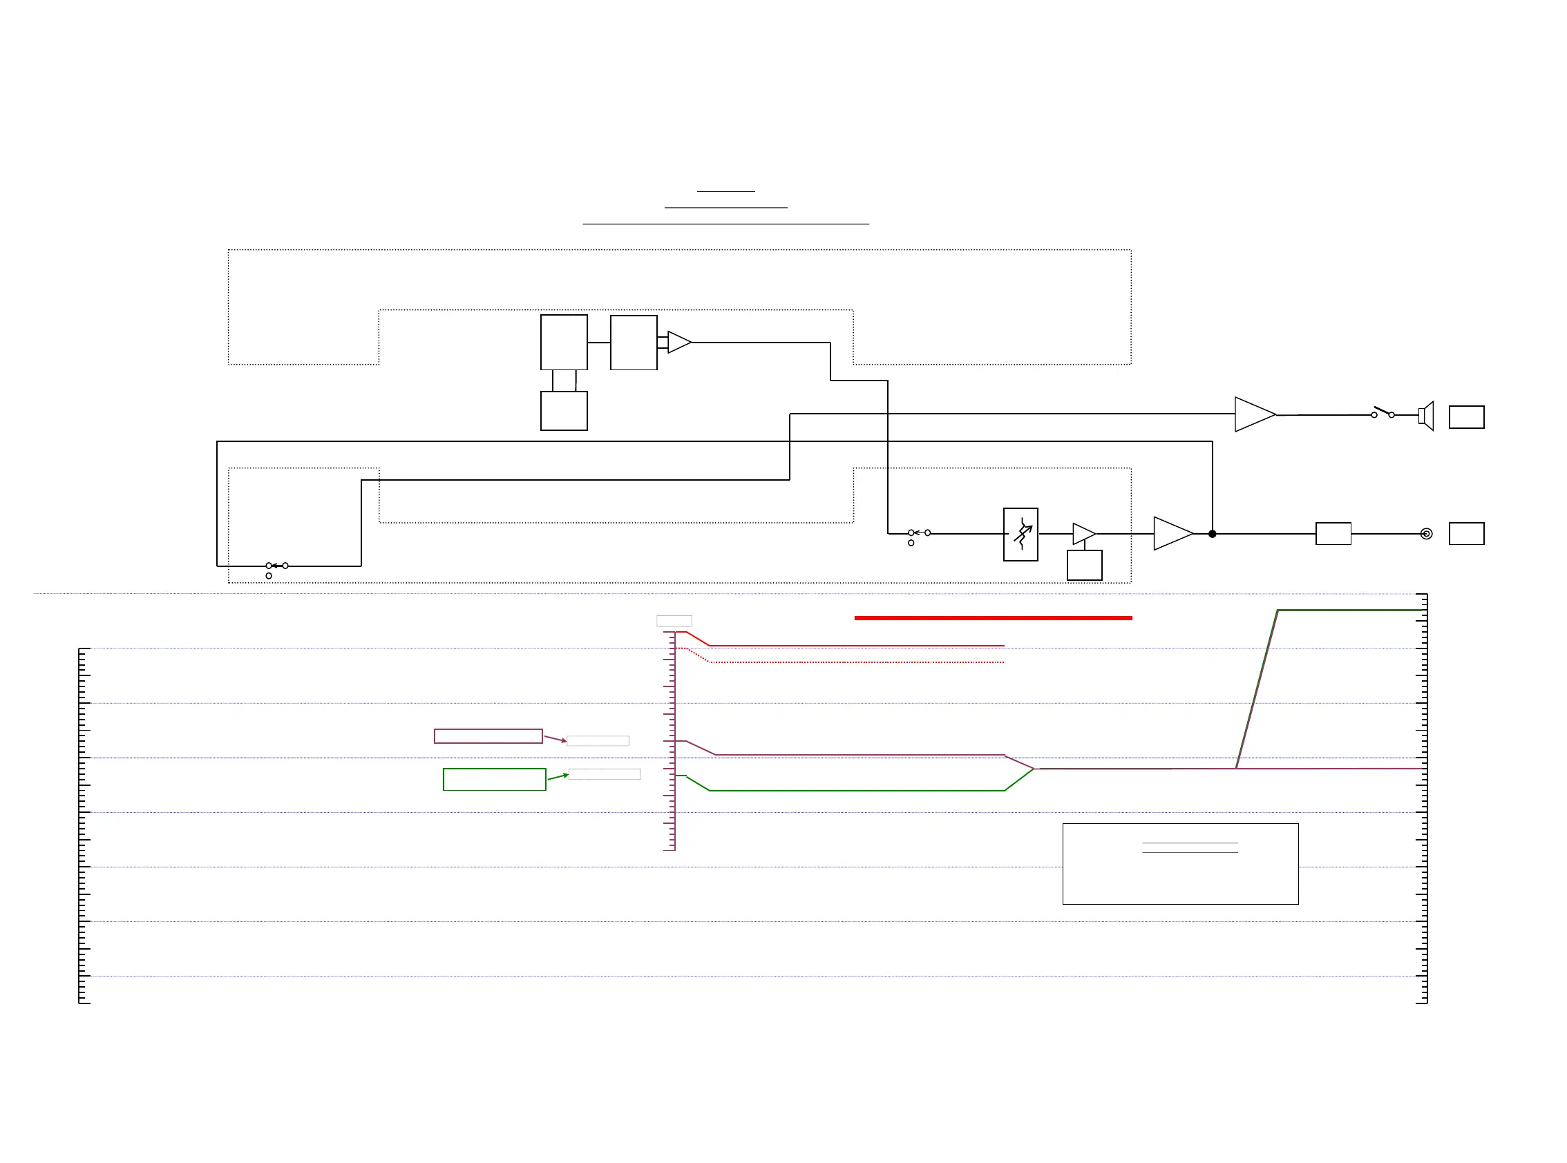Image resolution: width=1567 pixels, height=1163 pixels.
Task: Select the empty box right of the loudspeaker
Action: coord(1466,417)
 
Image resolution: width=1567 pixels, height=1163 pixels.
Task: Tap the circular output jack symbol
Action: coord(1426,535)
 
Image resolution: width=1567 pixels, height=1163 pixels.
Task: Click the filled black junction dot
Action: coord(1212,535)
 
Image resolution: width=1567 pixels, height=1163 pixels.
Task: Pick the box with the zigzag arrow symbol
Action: coord(1020,535)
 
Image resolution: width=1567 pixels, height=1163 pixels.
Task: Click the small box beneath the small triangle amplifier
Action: coord(1085,566)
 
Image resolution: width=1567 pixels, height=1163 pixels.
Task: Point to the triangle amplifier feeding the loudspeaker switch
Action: coord(1253,414)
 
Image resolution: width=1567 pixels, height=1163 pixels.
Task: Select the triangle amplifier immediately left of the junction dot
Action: coord(1172,534)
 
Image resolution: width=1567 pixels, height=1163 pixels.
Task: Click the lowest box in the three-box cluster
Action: coord(563,411)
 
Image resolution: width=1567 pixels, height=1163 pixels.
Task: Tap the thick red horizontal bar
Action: coord(993,618)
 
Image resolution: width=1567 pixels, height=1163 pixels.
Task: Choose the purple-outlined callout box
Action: coord(488,736)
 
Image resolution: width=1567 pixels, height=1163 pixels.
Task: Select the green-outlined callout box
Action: coord(495,780)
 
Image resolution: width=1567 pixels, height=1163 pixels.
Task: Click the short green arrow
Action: coord(558,776)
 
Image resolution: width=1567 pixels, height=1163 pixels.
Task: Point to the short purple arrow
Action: coord(555,738)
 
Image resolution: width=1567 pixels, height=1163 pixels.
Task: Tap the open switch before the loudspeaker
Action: coord(1383,412)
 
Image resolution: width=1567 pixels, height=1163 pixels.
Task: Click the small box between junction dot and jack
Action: coord(1333,534)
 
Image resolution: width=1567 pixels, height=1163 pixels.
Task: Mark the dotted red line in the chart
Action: coord(855,662)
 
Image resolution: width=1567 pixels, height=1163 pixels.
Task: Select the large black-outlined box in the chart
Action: coord(1180,864)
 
